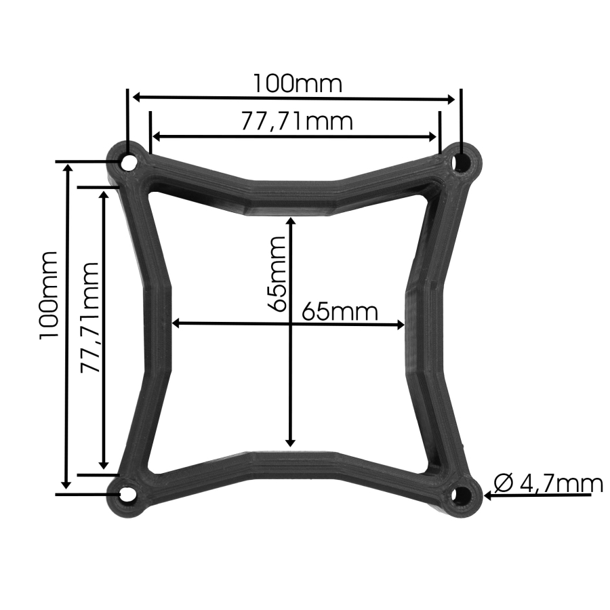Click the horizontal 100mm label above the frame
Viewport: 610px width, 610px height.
tap(298, 83)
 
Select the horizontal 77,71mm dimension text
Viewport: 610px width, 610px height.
tap(297, 121)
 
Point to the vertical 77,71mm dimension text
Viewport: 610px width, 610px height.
tap(89, 317)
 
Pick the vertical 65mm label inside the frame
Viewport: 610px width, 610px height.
tap(277, 272)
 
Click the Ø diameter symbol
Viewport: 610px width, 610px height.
tap(504, 483)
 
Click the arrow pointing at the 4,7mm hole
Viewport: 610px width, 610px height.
tap(489, 495)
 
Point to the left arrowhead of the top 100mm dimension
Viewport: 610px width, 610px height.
tap(136, 97)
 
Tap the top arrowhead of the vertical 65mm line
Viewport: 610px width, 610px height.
tap(291, 222)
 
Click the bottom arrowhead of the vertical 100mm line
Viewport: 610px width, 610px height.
tap(66, 483)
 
